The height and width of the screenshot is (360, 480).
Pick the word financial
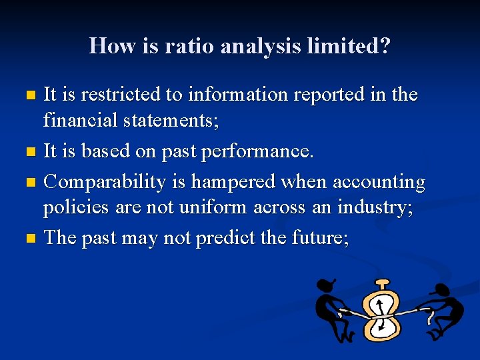coord(79,121)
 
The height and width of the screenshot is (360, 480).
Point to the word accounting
coord(378,182)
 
